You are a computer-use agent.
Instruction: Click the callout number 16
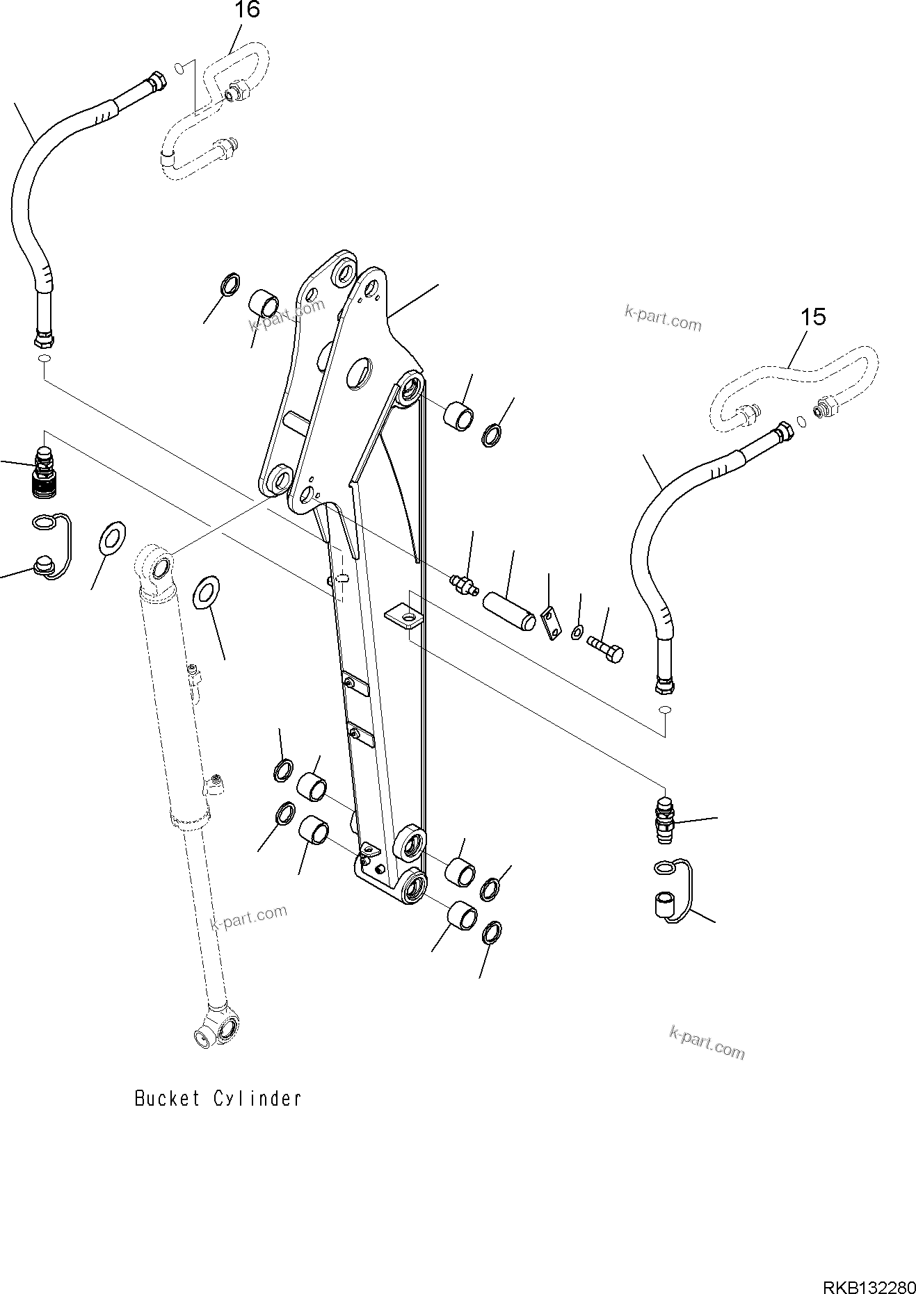pos(247,10)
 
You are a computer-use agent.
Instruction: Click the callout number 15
pos(812,317)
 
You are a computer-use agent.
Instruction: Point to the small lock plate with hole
pos(551,623)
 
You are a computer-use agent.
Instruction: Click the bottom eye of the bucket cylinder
pos(216,1030)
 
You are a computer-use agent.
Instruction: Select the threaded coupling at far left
pos(45,471)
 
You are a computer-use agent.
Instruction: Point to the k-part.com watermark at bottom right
pos(706,1044)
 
